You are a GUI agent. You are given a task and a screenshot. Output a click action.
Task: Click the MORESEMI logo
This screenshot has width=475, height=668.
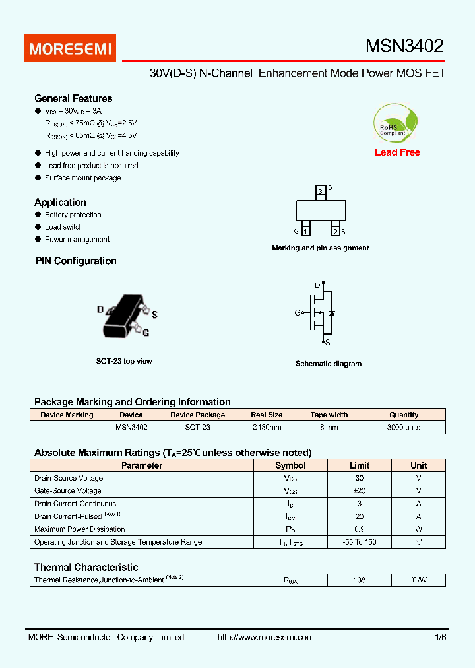(x=69, y=48)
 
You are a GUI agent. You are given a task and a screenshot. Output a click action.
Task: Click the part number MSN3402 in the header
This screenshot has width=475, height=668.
(x=404, y=46)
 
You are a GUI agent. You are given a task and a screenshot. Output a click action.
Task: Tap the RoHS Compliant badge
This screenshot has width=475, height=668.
(x=395, y=123)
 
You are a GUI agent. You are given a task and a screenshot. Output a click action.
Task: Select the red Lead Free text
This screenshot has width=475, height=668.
(x=397, y=152)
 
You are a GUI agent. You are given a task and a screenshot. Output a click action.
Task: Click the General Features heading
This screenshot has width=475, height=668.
(x=73, y=98)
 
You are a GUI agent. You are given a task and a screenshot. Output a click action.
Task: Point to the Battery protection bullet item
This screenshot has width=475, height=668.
(x=73, y=215)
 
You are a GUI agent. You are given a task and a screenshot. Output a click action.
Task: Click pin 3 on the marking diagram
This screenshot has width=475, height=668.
(x=320, y=191)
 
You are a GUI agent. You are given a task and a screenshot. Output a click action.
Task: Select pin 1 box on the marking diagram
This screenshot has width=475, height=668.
(x=306, y=231)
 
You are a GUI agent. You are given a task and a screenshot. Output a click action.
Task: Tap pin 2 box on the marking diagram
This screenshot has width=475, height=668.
(x=335, y=231)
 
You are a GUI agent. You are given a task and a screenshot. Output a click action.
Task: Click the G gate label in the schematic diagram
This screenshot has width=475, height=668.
(x=298, y=312)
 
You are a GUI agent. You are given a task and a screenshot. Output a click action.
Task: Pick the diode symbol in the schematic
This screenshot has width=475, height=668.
(x=332, y=312)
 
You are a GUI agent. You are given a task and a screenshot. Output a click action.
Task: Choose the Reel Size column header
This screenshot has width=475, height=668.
(x=267, y=415)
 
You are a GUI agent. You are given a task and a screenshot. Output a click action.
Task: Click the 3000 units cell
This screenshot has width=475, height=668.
(x=403, y=427)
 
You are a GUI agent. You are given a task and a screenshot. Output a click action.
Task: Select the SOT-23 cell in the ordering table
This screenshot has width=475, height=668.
(x=197, y=427)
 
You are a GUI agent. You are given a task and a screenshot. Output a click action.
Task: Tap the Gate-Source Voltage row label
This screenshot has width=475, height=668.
(x=68, y=490)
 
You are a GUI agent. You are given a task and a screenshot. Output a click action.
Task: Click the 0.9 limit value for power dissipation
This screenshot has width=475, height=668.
(x=359, y=529)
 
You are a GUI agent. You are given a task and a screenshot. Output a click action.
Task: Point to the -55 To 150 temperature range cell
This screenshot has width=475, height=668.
(x=359, y=542)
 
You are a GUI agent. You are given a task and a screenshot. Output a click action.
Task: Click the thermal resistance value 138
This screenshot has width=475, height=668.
(x=359, y=580)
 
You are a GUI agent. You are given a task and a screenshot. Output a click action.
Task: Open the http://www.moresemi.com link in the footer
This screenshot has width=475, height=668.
(x=265, y=637)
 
